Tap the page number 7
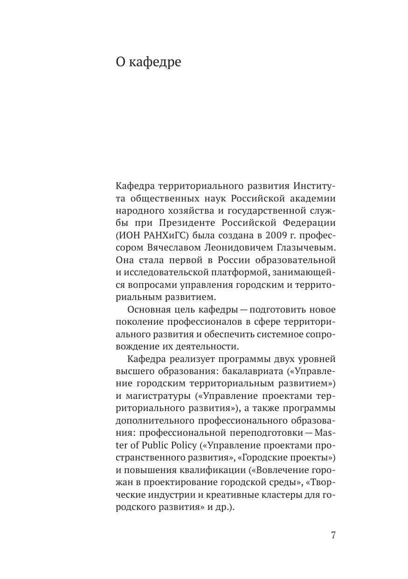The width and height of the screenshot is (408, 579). coord(333,535)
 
